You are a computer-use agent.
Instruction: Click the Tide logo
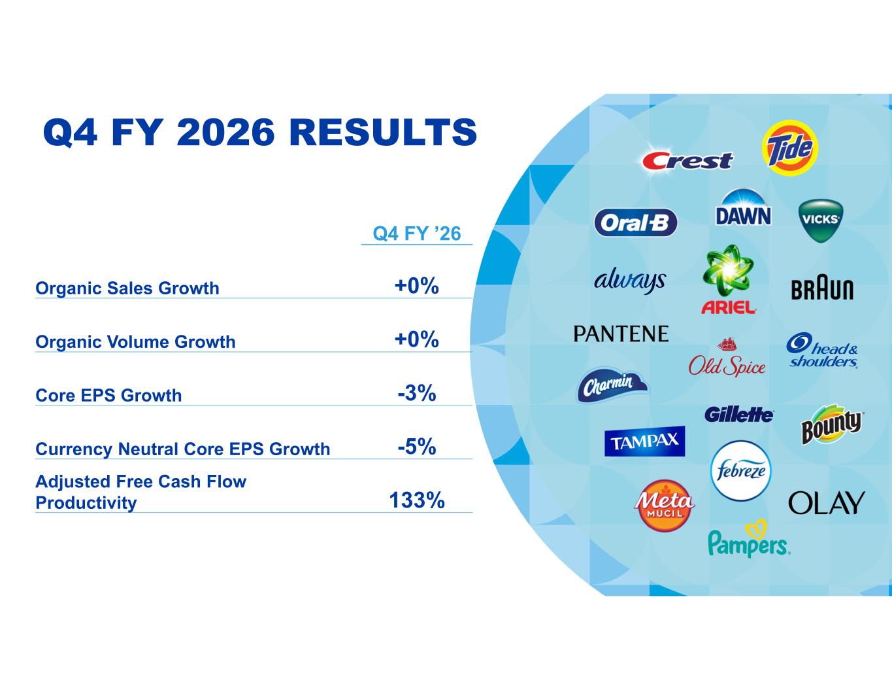[x=790, y=148]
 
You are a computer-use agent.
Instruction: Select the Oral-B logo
[x=636, y=222]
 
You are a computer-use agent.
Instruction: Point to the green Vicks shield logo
[x=821, y=220]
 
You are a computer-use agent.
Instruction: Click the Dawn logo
[x=743, y=207]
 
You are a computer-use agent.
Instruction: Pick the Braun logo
[x=822, y=289]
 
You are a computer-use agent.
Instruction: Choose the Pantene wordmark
[x=621, y=334]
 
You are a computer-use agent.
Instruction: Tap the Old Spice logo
[x=727, y=357]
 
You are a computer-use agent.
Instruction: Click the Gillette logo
[x=739, y=415]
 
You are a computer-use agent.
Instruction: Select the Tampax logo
[x=645, y=441]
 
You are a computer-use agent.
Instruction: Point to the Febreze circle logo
[x=740, y=471]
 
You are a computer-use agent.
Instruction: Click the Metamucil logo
[x=664, y=506]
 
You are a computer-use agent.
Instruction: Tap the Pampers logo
[x=749, y=538]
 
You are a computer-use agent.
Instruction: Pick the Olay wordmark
[x=826, y=503]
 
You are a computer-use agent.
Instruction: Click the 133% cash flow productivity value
[x=417, y=500]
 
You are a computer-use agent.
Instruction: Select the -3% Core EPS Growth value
[x=417, y=393]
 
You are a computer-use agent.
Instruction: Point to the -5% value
[x=417, y=447]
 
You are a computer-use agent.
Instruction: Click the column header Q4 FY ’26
[x=417, y=233]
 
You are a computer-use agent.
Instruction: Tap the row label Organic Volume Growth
[x=135, y=341]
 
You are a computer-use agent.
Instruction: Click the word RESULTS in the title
[x=383, y=132]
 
